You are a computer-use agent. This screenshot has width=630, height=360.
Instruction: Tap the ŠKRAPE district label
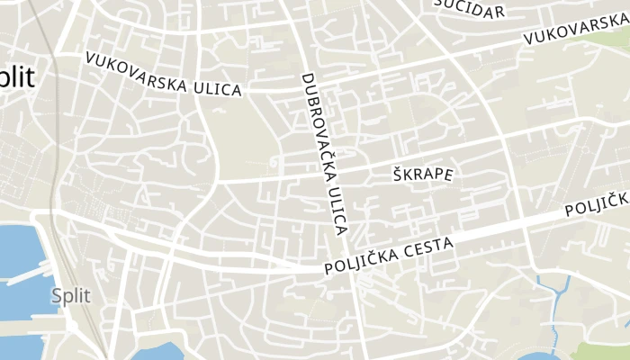[x=423, y=174]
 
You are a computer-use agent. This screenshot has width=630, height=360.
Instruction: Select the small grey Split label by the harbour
[x=70, y=295]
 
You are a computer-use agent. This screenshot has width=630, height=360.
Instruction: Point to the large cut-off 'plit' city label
[x=18, y=78]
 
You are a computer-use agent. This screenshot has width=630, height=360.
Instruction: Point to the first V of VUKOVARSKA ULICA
[x=90, y=58]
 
